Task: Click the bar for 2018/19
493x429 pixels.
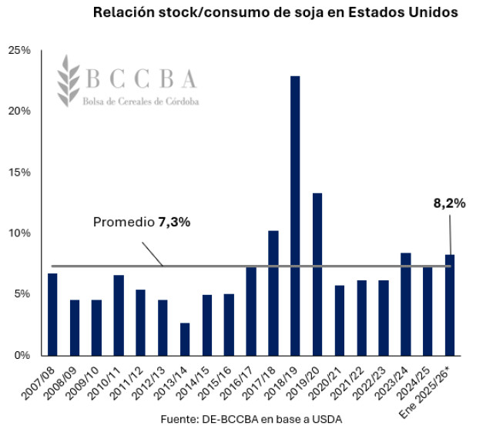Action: (295, 216)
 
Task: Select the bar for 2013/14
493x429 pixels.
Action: (185, 339)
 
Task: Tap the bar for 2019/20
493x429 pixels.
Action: (317, 274)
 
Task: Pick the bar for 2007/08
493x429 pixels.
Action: (52, 314)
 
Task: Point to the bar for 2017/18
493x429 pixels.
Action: (273, 293)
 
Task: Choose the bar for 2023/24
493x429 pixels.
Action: (406, 304)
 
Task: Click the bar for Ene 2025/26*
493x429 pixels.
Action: (451, 305)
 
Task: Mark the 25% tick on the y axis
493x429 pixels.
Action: (19, 50)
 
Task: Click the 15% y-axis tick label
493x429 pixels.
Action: (19, 173)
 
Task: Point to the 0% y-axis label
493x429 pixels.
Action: (22, 356)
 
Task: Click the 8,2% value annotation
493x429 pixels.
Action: (449, 204)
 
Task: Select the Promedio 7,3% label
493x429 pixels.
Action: (141, 222)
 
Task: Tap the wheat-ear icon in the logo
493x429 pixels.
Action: (69, 79)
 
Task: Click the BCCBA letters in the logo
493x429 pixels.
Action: (140, 79)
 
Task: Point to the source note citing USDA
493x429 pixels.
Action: (251, 417)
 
